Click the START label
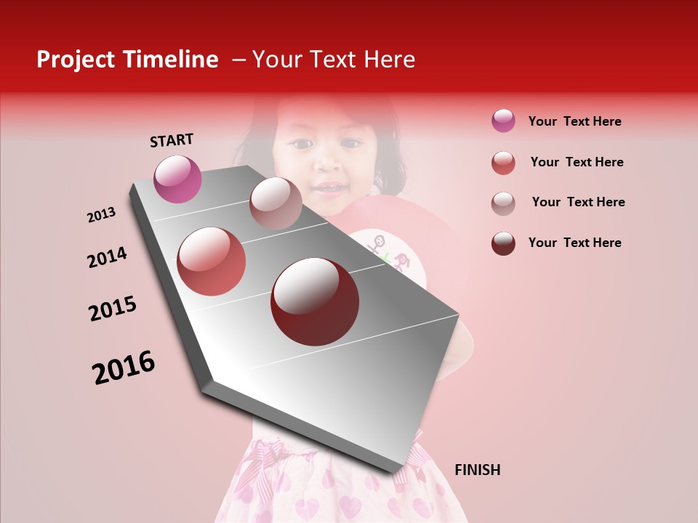(172, 140)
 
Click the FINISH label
(477, 470)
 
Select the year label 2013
(101, 215)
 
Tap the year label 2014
(107, 257)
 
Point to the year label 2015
(113, 309)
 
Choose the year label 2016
(124, 368)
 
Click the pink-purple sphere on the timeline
(177, 179)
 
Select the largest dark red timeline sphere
(315, 301)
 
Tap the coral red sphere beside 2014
(212, 261)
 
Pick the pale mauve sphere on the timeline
(276, 203)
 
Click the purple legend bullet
(503, 121)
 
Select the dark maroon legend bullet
(503, 243)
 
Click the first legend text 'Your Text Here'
(574, 121)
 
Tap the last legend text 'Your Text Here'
(574, 243)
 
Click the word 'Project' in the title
(76, 60)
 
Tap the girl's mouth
(329, 189)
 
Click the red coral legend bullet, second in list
(503, 163)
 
